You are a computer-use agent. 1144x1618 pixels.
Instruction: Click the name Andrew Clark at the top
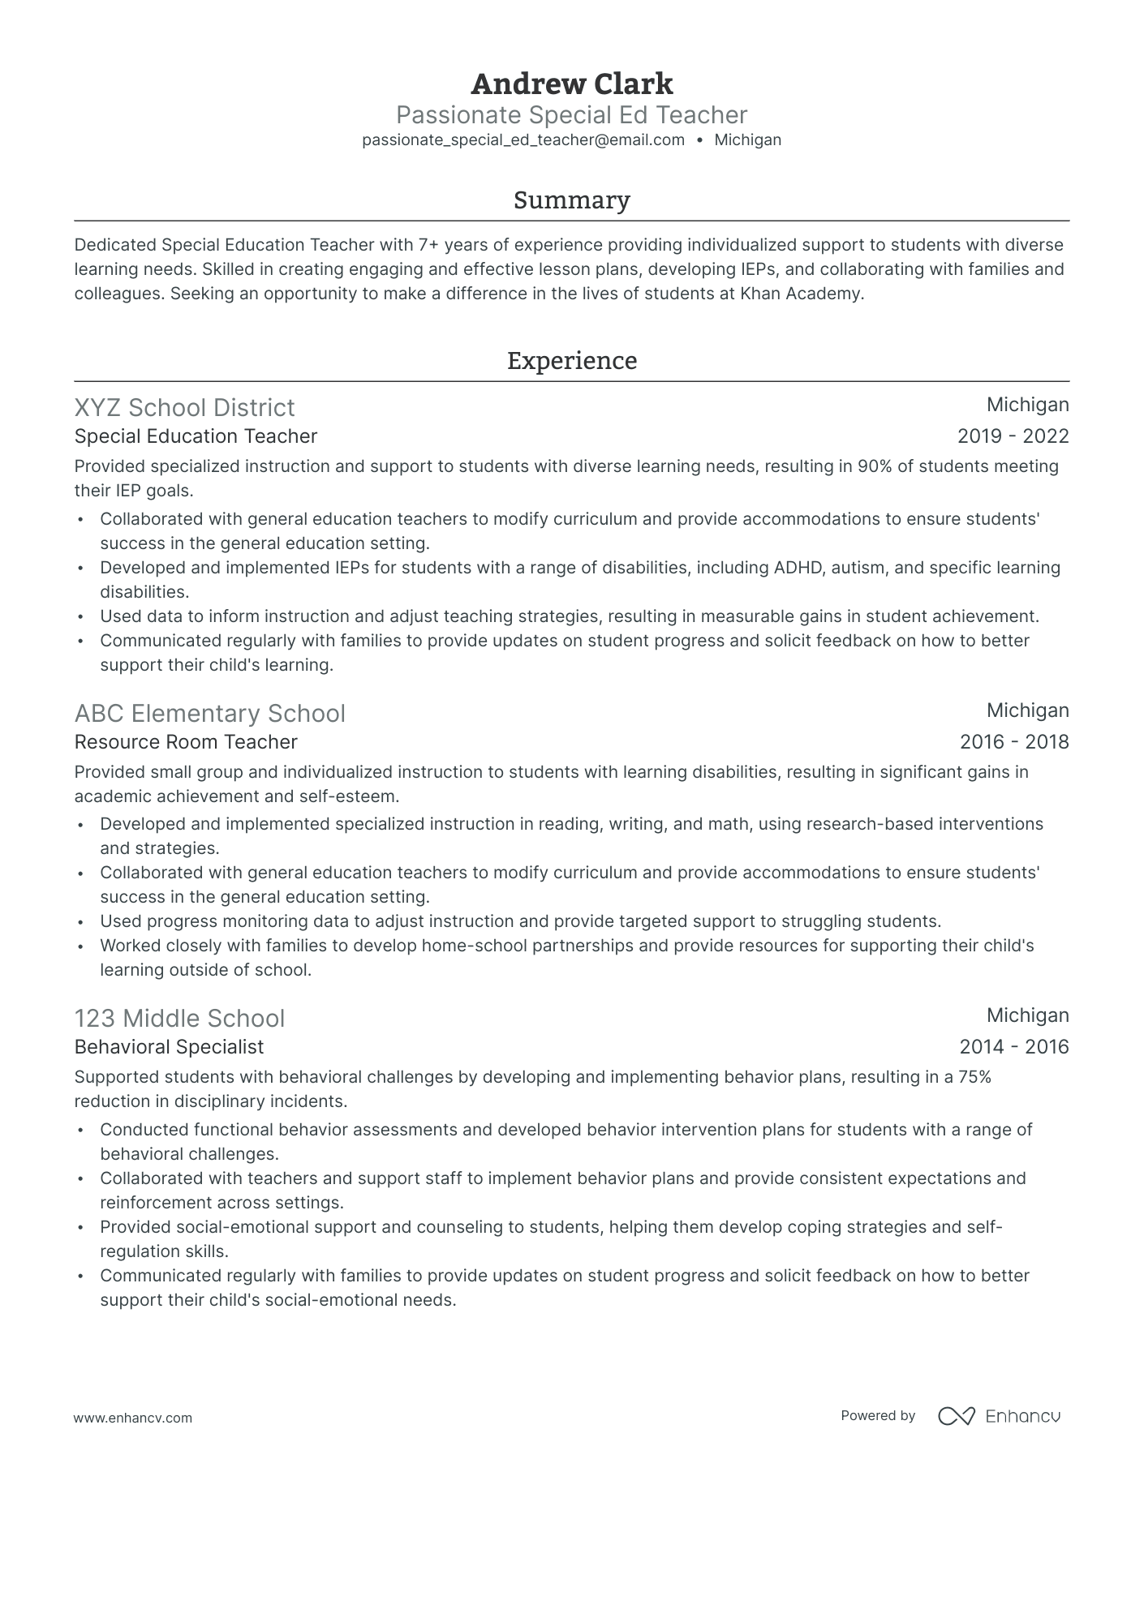[571, 84]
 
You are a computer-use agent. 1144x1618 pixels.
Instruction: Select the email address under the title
[523, 140]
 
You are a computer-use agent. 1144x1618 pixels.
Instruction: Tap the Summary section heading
[571, 200]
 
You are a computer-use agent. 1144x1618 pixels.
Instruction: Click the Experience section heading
[571, 361]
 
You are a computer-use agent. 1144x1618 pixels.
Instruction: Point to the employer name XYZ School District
[184, 408]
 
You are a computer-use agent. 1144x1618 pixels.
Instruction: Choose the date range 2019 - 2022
[1013, 437]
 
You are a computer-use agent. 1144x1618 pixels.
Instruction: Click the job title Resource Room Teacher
[186, 742]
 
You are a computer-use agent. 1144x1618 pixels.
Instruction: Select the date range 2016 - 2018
[1013, 742]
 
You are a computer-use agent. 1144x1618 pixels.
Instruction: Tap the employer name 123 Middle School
[179, 1019]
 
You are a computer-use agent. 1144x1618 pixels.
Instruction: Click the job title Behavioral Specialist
[169, 1047]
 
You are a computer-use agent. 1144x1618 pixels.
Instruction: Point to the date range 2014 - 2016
[1013, 1047]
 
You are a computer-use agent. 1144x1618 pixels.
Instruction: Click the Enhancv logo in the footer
[999, 1416]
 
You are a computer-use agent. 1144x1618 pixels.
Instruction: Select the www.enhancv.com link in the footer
[133, 1418]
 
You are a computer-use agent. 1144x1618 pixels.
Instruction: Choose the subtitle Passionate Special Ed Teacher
[571, 114]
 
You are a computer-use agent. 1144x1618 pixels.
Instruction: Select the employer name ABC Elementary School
[209, 714]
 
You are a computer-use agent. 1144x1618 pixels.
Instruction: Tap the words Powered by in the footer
[878, 1416]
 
